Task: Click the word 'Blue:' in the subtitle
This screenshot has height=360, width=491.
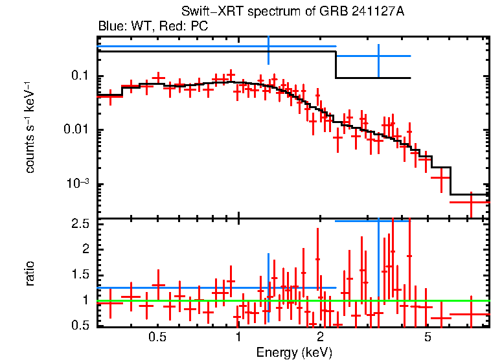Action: (x=111, y=27)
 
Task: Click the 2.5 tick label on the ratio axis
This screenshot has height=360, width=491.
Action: (x=80, y=224)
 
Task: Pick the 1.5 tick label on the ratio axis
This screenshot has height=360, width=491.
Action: (x=80, y=275)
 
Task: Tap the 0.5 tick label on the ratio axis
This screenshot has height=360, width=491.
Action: (x=80, y=325)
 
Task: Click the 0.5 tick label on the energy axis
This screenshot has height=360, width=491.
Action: (x=156, y=337)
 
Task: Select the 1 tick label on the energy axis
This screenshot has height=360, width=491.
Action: (x=238, y=337)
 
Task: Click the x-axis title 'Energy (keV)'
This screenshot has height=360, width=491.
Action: (x=294, y=352)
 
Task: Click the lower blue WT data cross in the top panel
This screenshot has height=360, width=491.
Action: (x=378, y=56)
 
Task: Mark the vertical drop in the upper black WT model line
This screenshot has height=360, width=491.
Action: (x=336, y=65)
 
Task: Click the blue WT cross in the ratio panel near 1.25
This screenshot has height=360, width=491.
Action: (x=268, y=287)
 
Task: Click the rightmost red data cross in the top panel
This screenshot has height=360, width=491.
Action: (x=470, y=202)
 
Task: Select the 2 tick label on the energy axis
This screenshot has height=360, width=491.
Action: (x=320, y=337)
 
